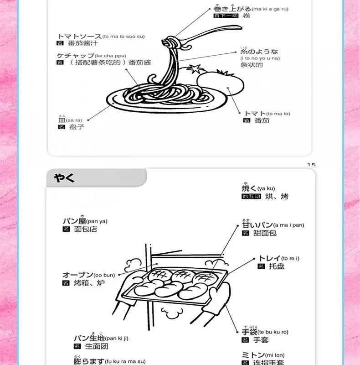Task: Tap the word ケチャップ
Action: click(x=75, y=55)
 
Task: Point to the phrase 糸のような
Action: click(x=259, y=52)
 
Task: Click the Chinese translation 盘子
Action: click(x=77, y=127)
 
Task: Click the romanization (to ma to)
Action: click(x=278, y=114)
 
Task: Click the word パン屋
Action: click(x=74, y=221)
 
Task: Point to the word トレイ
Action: click(x=269, y=258)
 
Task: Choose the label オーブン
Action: click(x=77, y=275)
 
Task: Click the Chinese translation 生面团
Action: click(x=84, y=346)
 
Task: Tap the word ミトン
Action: click(x=252, y=355)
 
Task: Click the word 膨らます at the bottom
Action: click(x=88, y=361)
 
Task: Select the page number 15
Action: click(x=311, y=165)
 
